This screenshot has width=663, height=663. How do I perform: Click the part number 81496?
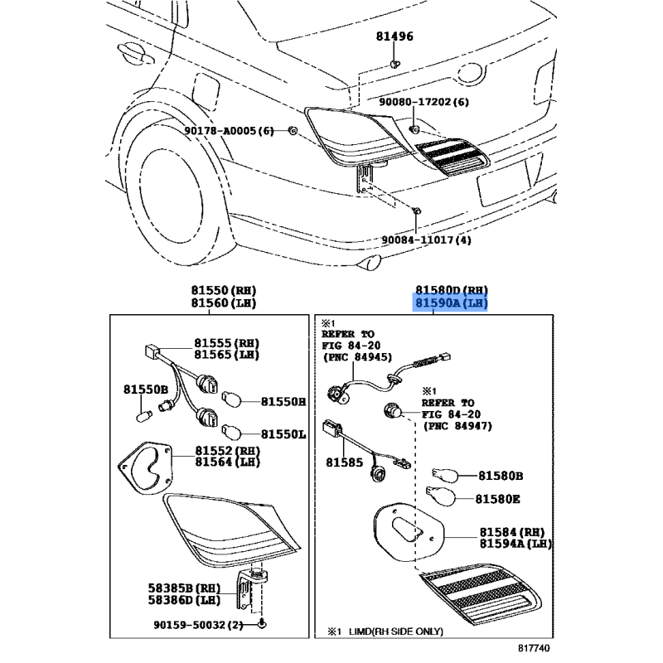point(394,37)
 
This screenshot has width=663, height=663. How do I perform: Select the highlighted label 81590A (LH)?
point(452,303)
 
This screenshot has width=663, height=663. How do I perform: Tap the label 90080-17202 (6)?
point(436,102)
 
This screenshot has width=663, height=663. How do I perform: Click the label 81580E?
point(499,499)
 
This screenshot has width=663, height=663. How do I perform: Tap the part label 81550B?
point(146,389)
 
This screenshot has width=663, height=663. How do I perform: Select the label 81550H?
point(283,402)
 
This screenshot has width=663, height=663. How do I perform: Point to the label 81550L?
point(283,433)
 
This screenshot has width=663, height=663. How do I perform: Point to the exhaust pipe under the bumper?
point(375,264)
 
